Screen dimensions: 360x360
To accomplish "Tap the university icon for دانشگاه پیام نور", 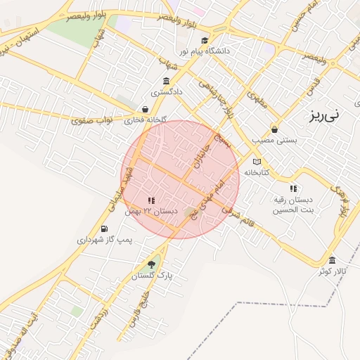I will (205, 40).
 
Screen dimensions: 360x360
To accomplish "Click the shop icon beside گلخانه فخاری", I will (145, 109).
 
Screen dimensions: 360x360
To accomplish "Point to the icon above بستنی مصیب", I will (274, 129).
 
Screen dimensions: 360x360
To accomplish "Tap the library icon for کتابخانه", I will (256, 162).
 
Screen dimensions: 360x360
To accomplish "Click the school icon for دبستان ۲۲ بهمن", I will (151, 200).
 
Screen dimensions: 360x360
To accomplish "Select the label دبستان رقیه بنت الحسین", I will (293, 205).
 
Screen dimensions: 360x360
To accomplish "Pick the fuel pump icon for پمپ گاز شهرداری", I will (105, 229).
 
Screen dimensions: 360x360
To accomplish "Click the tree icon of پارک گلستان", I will (151, 264).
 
